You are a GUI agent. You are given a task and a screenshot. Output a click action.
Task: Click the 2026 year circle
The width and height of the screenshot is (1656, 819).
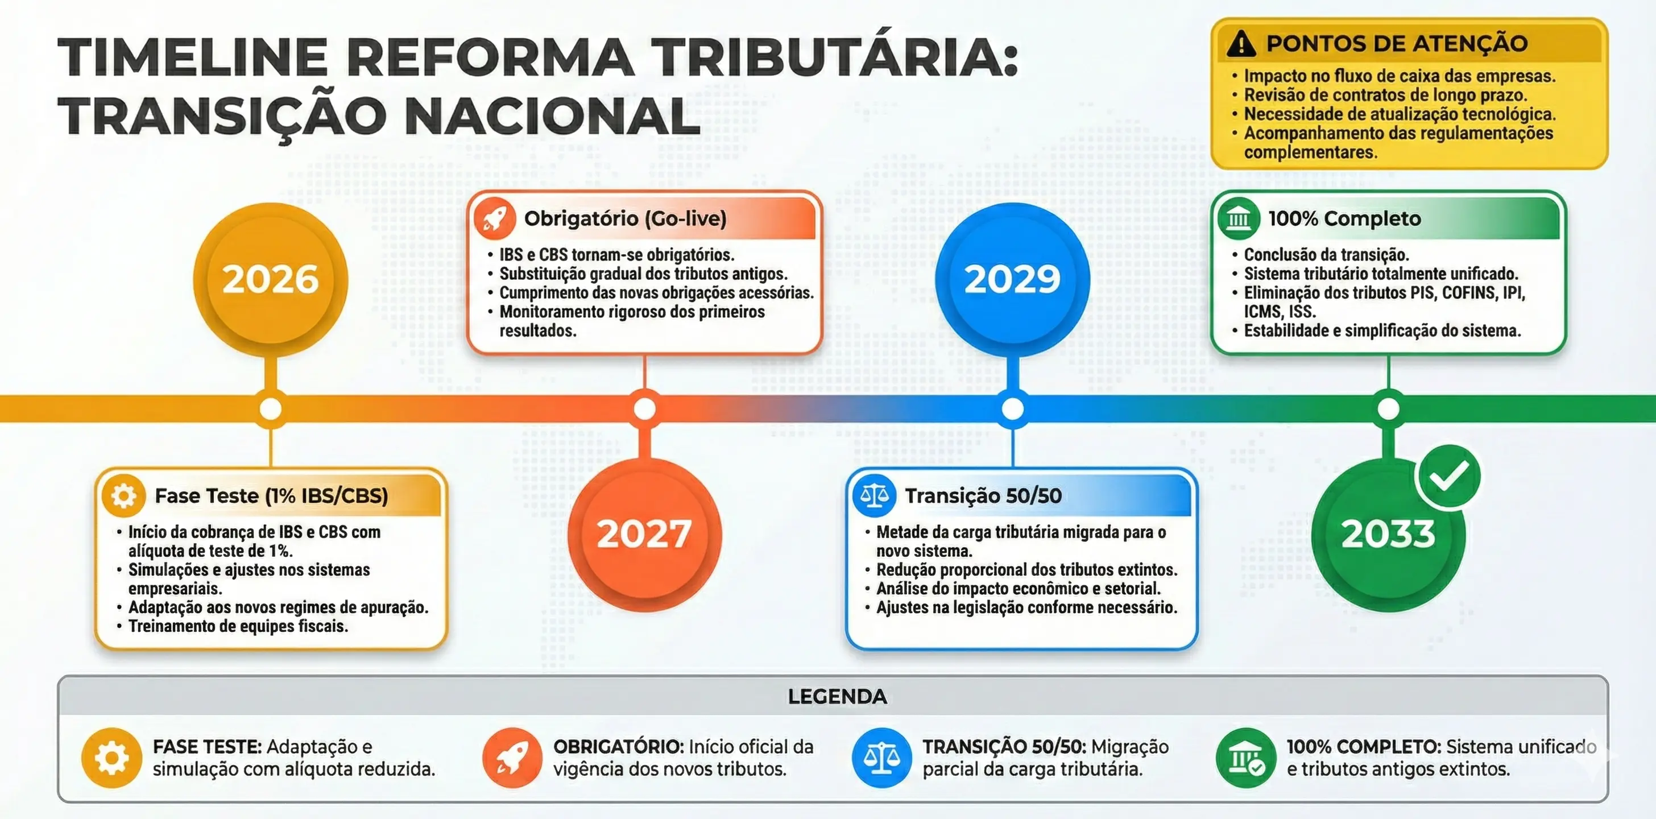click(271, 279)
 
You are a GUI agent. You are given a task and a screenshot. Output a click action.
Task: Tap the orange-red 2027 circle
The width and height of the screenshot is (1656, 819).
click(644, 533)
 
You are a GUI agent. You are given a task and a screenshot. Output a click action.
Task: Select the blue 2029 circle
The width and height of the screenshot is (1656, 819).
click(1012, 279)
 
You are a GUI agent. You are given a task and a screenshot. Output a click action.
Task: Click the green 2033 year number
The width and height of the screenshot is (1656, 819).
click(1388, 533)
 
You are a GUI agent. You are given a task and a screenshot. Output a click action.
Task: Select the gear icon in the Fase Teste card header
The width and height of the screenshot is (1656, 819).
click(123, 495)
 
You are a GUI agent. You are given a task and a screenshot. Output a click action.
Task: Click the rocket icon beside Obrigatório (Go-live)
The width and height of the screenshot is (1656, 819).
click(494, 218)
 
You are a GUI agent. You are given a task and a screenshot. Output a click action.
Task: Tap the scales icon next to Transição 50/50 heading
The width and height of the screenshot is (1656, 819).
click(873, 495)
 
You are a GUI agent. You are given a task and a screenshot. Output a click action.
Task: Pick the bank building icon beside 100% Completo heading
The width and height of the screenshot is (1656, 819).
click(1238, 218)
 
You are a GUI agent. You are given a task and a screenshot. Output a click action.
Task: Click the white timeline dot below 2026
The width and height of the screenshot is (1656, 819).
click(271, 409)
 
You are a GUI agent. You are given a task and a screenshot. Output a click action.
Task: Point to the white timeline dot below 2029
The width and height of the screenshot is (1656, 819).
click(1012, 409)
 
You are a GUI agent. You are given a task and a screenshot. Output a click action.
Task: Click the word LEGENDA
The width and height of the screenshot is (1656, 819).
click(837, 696)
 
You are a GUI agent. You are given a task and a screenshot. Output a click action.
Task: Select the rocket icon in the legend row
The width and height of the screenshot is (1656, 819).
click(512, 758)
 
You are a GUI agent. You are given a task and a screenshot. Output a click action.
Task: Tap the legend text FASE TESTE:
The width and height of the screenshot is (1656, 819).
click(207, 746)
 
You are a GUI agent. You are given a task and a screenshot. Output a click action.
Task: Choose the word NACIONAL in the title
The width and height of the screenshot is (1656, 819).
click(552, 117)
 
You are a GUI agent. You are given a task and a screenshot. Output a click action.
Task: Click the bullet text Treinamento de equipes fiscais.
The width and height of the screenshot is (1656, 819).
click(238, 626)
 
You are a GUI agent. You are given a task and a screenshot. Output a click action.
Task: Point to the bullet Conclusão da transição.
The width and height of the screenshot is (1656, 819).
click(1326, 255)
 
